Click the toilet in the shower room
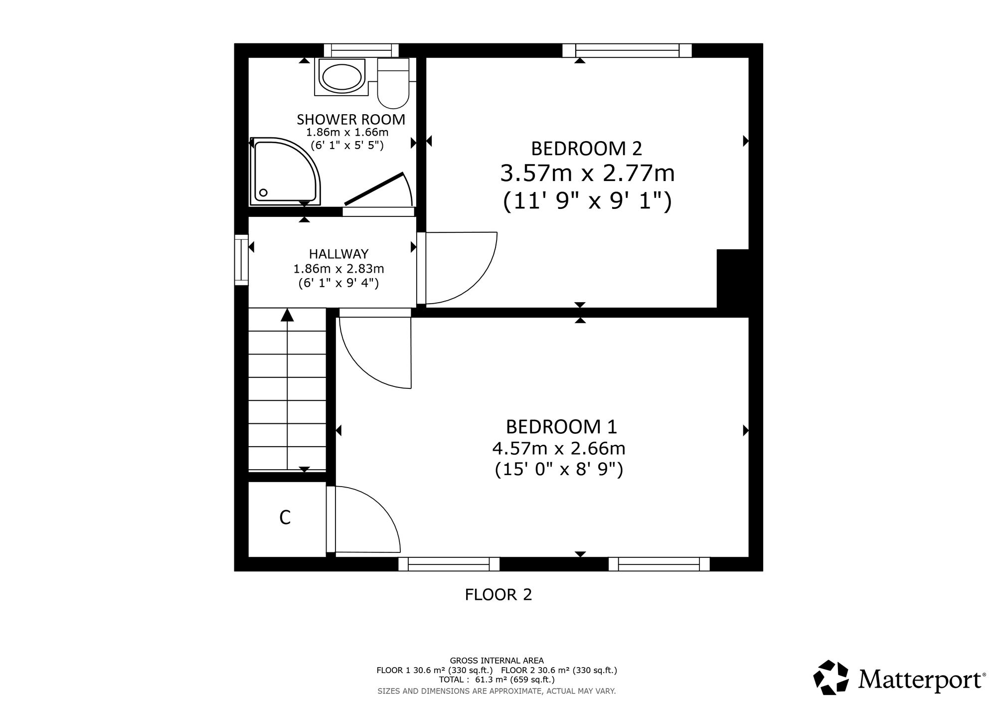coord(393,83)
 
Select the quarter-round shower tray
coord(285,171)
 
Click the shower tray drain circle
coord(263,192)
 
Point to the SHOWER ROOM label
coord(351,120)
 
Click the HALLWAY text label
coord(338,254)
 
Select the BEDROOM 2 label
coord(587,149)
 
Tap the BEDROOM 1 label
coord(561,427)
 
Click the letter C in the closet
coord(285,518)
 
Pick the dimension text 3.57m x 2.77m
coord(587,174)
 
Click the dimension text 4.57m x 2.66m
coord(559,449)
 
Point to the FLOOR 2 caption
coord(498,594)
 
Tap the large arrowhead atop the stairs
coord(287,315)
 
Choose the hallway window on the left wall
coord(242,260)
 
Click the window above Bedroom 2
coord(627,51)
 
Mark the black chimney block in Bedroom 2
coord(733,278)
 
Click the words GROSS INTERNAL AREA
coord(497,661)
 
